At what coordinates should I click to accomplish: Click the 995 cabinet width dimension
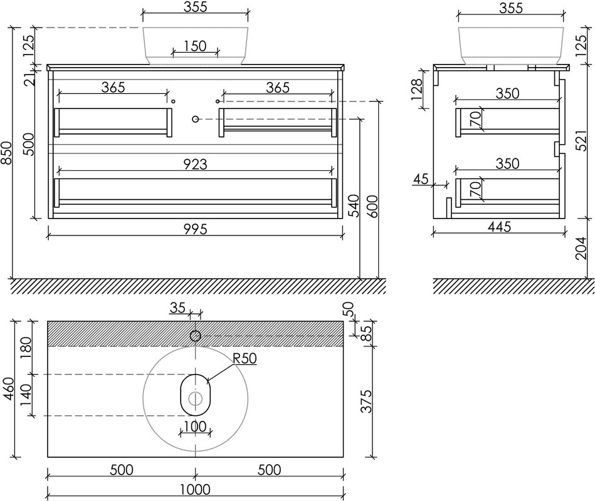pyautogui.click(x=196, y=229)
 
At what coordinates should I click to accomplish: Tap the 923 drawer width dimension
pyautogui.click(x=196, y=164)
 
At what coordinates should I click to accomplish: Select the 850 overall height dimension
pyautogui.click(x=6, y=153)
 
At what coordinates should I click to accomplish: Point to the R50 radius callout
pyautogui.click(x=245, y=358)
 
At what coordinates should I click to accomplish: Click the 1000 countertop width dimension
pyautogui.click(x=196, y=489)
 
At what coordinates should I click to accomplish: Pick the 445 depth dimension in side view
pyautogui.click(x=500, y=227)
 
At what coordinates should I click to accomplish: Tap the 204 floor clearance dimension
pyautogui.click(x=581, y=248)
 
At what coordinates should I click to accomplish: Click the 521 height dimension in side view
pyautogui.click(x=581, y=138)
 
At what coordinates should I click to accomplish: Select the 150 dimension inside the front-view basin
pyautogui.click(x=196, y=46)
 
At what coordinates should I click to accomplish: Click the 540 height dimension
pyautogui.click(x=353, y=205)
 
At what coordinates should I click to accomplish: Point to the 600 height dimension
pyautogui.click(x=372, y=206)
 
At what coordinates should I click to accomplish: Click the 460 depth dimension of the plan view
pyautogui.click(x=8, y=388)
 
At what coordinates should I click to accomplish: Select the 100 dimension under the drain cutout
pyautogui.click(x=195, y=426)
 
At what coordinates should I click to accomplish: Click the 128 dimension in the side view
pyautogui.click(x=417, y=90)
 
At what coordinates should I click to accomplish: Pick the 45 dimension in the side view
pyautogui.click(x=421, y=179)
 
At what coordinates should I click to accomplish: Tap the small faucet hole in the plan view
pyautogui.click(x=196, y=336)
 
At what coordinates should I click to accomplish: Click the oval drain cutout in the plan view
pyautogui.click(x=196, y=395)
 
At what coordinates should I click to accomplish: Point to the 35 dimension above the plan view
pyautogui.click(x=177, y=307)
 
